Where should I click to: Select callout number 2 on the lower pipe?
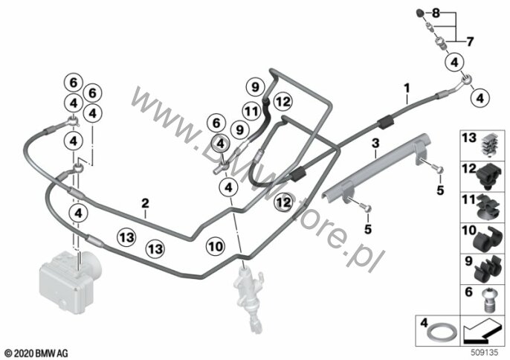pyautogui.click(x=146, y=202)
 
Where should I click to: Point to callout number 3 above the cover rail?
pyautogui.click(x=375, y=143)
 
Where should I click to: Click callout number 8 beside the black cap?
pyautogui.click(x=457, y=13)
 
